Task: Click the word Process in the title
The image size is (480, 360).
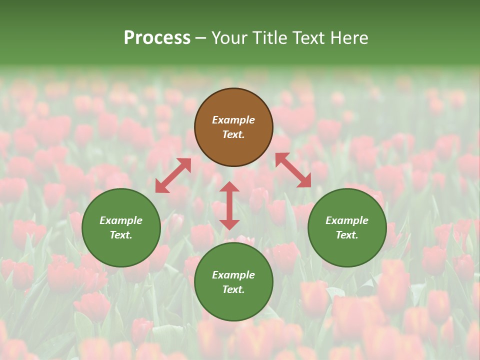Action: (157, 38)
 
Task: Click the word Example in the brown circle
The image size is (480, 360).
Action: (233, 120)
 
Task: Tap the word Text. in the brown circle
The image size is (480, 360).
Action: (233, 134)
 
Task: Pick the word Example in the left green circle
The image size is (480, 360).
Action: (121, 220)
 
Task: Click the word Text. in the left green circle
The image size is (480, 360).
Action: (121, 235)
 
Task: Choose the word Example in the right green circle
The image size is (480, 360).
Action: (347, 220)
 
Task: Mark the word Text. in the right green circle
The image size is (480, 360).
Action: (347, 235)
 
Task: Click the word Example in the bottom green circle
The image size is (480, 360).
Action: (233, 275)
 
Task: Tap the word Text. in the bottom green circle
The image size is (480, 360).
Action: (233, 289)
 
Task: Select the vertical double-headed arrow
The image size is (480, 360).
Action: (229, 205)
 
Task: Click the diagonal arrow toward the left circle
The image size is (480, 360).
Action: (173, 175)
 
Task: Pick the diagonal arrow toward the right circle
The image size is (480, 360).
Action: (293, 170)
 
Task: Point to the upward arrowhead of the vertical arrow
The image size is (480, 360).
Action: (229, 187)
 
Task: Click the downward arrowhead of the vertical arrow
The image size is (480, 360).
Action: (229, 224)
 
